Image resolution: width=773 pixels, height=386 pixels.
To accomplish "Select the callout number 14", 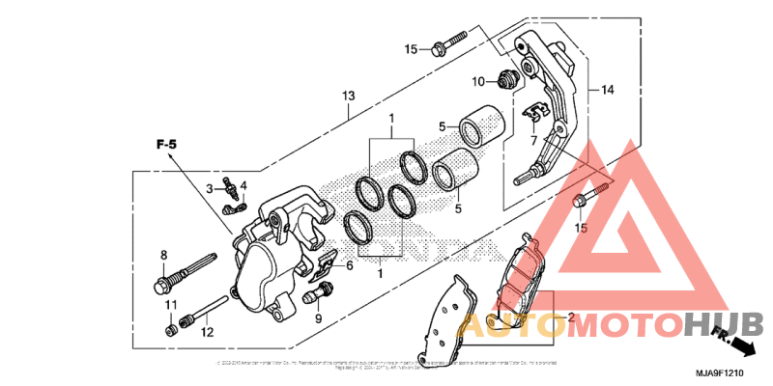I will point(607,90).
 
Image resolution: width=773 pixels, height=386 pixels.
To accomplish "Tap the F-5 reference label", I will point(167,145).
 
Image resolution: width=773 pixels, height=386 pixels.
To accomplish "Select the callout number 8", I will point(164,255).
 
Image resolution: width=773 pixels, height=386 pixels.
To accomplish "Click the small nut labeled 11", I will point(170,331).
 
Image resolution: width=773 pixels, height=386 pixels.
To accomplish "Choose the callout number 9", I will point(318,318).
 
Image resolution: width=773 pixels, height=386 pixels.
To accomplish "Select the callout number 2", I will point(570,317).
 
